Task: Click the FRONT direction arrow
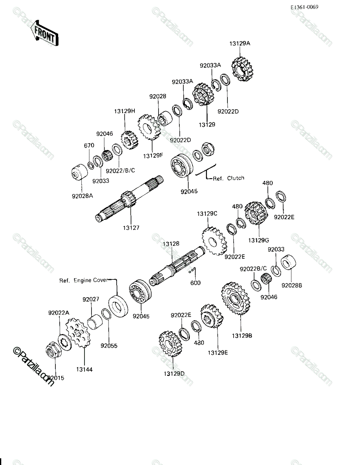pos(45,33)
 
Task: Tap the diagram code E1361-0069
pos(304,7)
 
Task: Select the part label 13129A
pos(240,43)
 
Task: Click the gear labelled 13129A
pos(243,69)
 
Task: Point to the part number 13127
pos(131,228)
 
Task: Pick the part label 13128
pos(171,244)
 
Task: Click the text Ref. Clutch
pos(229,178)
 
